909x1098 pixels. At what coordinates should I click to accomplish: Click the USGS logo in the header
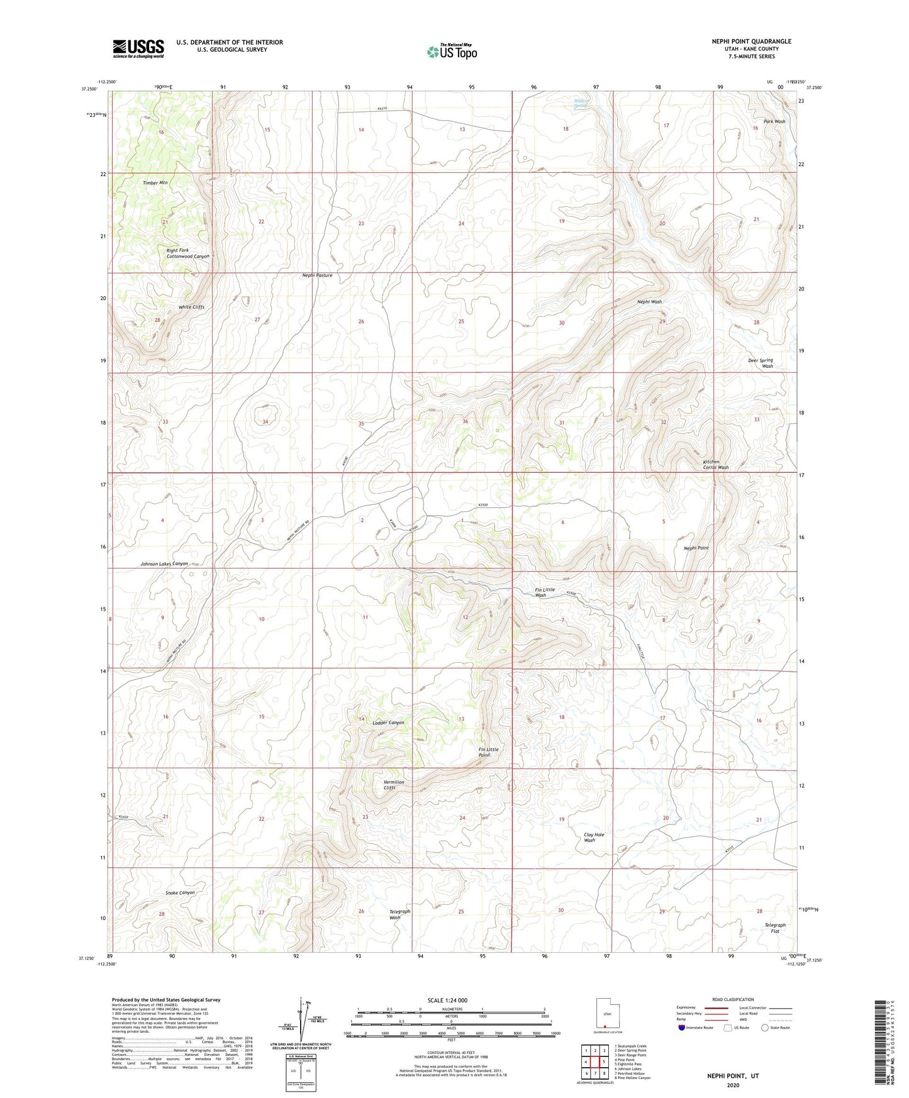(x=138, y=48)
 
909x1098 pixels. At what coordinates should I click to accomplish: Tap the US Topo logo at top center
(x=452, y=52)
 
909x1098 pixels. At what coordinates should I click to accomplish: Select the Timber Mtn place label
(x=155, y=183)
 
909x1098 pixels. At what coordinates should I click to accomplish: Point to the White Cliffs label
(x=191, y=308)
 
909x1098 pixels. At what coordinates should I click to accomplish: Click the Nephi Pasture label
(x=317, y=275)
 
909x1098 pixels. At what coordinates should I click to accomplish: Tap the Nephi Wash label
(x=649, y=302)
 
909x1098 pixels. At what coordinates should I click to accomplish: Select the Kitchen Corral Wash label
(x=715, y=465)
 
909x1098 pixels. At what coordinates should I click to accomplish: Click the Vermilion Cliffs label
(x=394, y=785)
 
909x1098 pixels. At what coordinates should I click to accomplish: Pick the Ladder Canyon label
(x=388, y=723)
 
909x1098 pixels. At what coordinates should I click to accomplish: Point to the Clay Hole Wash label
(x=593, y=837)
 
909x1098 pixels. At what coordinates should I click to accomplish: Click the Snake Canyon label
(x=180, y=892)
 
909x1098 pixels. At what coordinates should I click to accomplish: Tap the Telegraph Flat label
(x=774, y=928)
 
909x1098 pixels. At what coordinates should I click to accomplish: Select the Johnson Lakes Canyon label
(x=164, y=564)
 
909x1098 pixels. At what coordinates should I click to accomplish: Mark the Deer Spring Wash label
(x=761, y=363)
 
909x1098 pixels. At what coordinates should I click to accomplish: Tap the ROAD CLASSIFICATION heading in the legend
(x=733, y=999)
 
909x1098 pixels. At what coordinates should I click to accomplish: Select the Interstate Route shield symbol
(x=683, y=1028)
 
